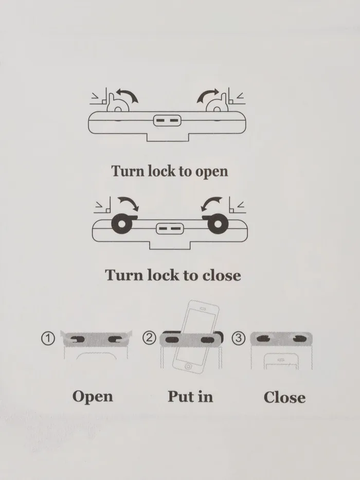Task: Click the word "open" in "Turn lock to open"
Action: point(211,171)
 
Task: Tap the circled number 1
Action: point(48,339)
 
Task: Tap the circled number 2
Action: point(150,339)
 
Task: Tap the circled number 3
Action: point(239,339)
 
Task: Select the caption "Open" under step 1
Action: point(92,397)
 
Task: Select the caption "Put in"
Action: point(190,396)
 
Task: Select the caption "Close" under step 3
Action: point(284,397)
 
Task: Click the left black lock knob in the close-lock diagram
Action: point(122,223)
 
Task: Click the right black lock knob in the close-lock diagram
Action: point(215,223)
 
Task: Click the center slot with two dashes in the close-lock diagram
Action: point(169,227)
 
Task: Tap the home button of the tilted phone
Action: point(189,366)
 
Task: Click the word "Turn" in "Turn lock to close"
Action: point(122,275)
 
